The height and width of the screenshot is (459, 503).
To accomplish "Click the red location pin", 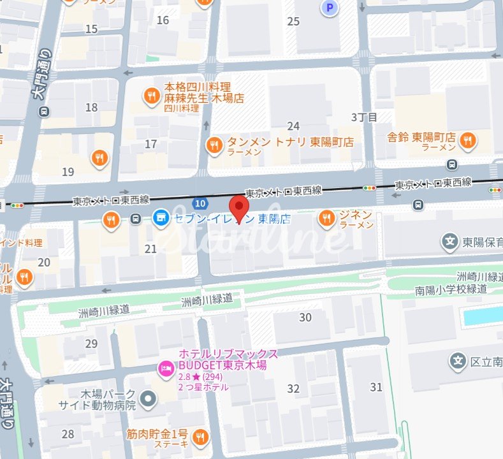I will click(239, 208).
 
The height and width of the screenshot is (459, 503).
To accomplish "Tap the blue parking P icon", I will click(330, 8).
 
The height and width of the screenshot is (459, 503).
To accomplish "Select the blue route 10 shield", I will click(201, 203).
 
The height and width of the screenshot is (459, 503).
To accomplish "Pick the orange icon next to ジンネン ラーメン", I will click(326, 219).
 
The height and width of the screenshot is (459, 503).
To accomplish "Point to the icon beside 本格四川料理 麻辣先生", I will click(151, 95).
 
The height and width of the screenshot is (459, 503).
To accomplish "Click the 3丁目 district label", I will click(364, 117).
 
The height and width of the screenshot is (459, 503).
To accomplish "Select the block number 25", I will click(293, 22).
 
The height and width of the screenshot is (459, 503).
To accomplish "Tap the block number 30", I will click(305, 317).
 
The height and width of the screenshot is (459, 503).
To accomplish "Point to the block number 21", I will click(150, 249).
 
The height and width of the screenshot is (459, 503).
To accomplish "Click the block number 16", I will click(163, 20).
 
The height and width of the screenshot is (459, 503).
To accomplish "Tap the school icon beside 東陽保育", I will click(450, 242).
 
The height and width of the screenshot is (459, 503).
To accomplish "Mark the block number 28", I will click(68, 434).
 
